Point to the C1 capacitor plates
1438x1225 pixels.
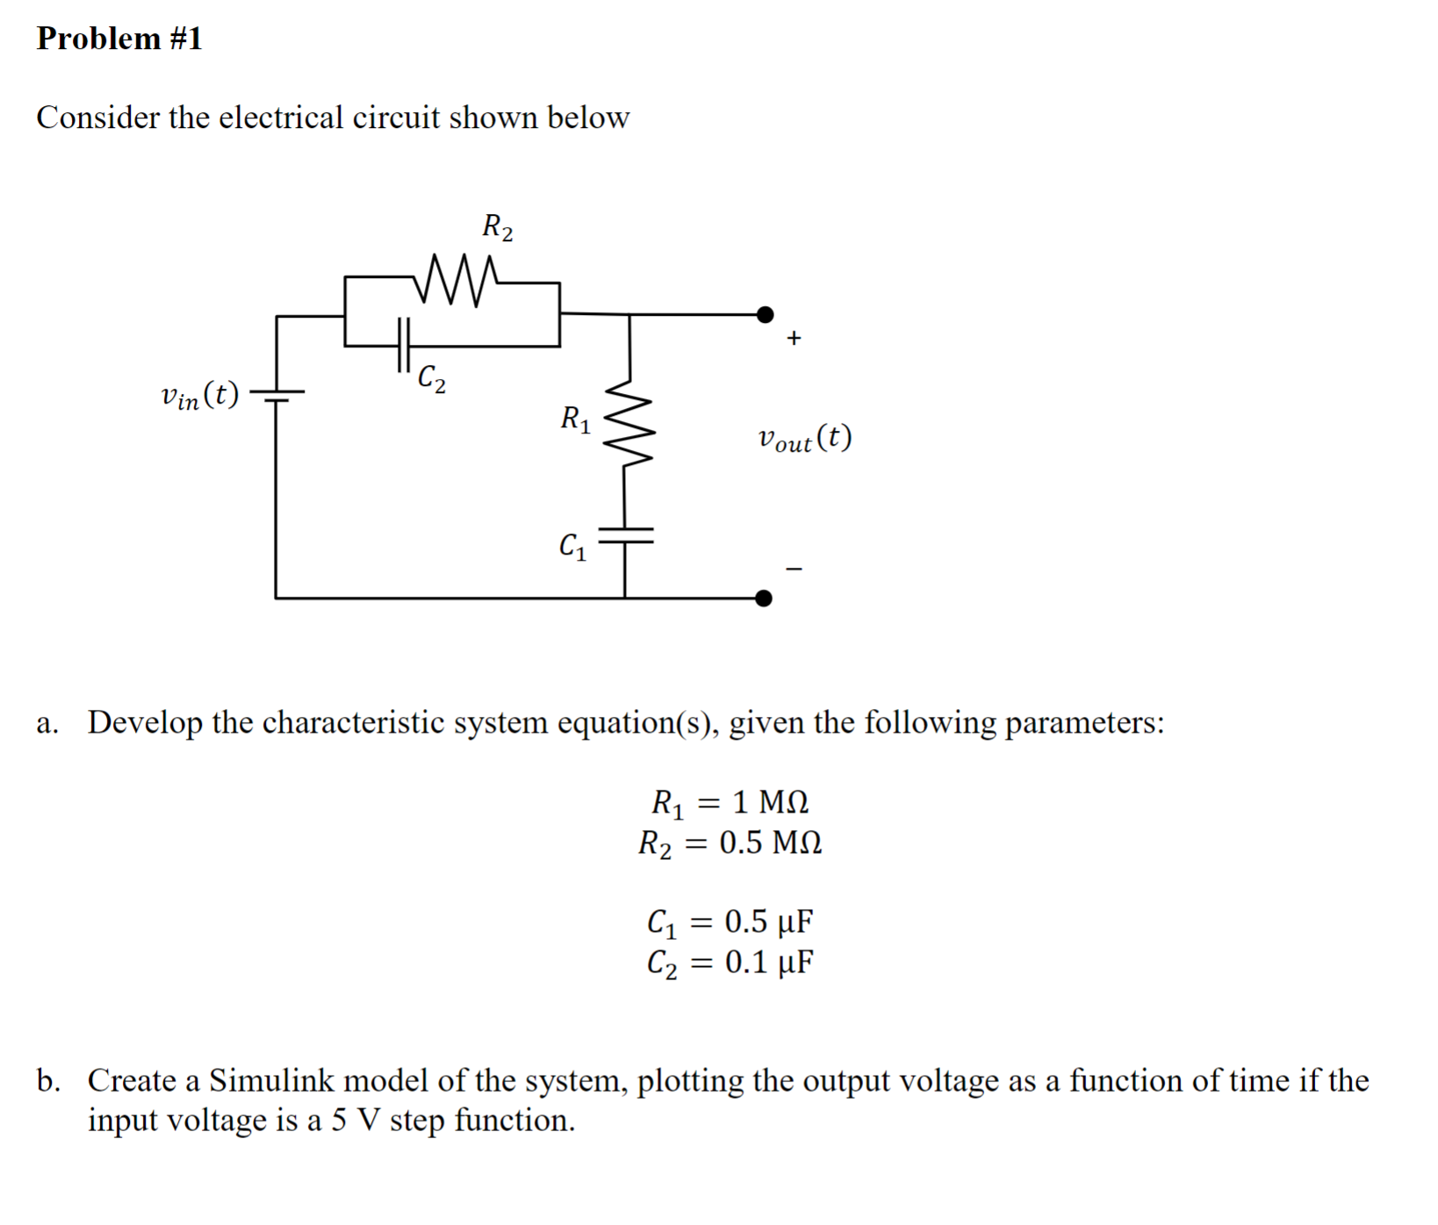pos(625,535)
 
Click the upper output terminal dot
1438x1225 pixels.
pos(766,313)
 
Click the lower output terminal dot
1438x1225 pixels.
pos(764,598)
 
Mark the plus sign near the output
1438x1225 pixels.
pos(794,338)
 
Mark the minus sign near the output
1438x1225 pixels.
pos(794,570)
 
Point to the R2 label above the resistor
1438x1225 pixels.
pos(497,227)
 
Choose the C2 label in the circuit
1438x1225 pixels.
pos(431,378)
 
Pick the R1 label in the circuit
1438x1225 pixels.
pos(576,419)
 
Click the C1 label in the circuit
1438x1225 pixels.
pos(573,547)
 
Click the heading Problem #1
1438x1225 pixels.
pos(119,39)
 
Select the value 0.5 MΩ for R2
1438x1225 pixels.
pos(770,843)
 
